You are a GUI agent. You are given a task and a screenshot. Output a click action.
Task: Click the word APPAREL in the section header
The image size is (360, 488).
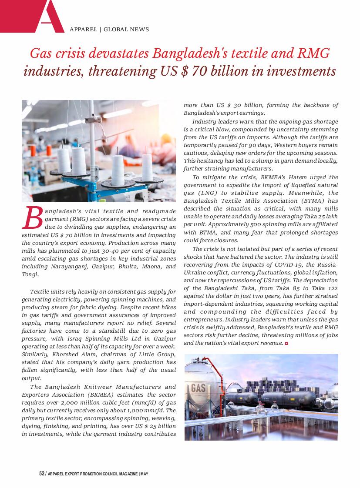83,30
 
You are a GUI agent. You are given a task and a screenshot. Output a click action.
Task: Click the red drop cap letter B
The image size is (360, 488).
33,218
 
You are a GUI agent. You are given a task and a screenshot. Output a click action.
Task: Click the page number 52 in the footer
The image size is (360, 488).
41,474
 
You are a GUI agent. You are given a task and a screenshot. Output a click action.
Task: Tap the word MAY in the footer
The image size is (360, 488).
145,474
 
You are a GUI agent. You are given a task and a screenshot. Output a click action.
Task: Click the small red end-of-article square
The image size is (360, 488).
286,344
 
